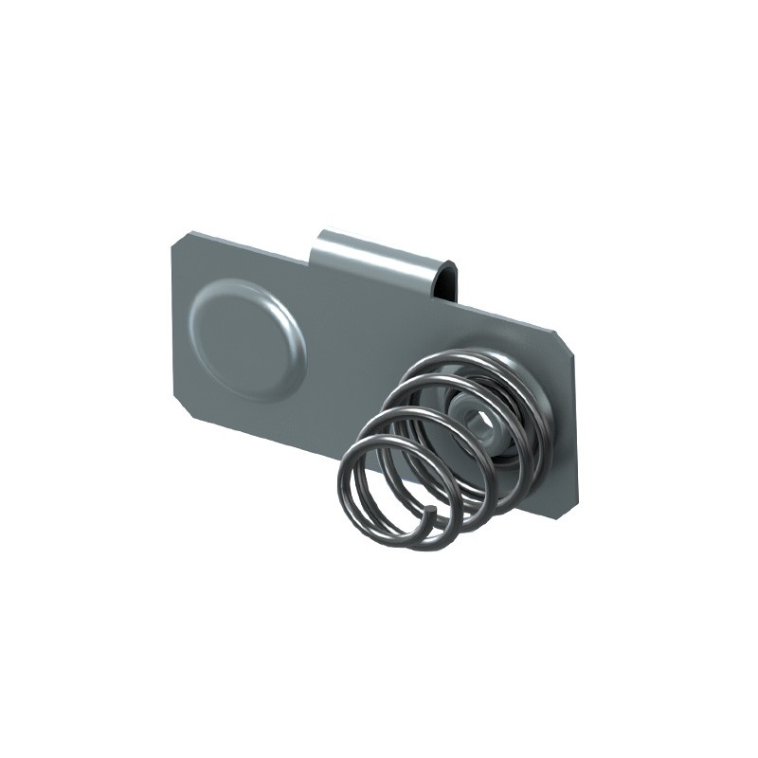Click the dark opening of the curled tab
pos(454,283)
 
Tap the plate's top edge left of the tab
pos(246,244)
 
